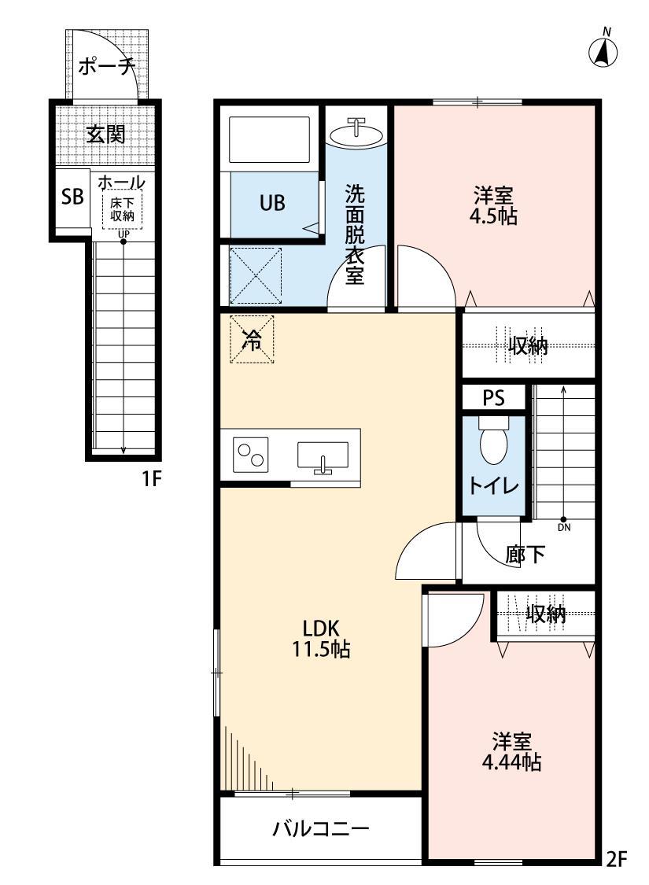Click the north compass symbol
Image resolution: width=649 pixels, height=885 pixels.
click(x=603, y=52)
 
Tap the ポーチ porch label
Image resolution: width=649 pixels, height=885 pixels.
click(x=105, y=67)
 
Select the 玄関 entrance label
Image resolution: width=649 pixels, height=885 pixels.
click(x=105, y=134)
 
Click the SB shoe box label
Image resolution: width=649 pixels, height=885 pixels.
click(x=72, y=196)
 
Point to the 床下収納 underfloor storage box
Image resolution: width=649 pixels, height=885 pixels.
click(x=122, y=209)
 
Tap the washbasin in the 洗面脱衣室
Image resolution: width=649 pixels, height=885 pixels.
click(x=357, y=133)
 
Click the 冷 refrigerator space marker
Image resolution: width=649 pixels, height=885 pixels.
click(x=252, y=340)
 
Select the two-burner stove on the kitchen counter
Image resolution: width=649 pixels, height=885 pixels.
click(x=251, y=455)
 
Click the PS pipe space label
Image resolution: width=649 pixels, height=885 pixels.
click(x=493, y=398)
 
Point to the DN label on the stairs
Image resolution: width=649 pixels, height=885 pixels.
click(x=564, y=528)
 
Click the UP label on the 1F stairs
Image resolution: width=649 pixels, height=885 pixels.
click(x=124, y=234)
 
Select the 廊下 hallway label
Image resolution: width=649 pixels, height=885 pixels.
click(x=525, y=555)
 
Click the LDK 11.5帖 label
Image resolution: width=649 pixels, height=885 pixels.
click(x=321, y=639)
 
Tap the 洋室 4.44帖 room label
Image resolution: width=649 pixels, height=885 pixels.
click(x=512, y=751)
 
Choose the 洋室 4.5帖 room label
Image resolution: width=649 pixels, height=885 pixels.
click(x=494, y=206)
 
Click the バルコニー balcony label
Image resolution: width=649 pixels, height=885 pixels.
click(x=321, y=828)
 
